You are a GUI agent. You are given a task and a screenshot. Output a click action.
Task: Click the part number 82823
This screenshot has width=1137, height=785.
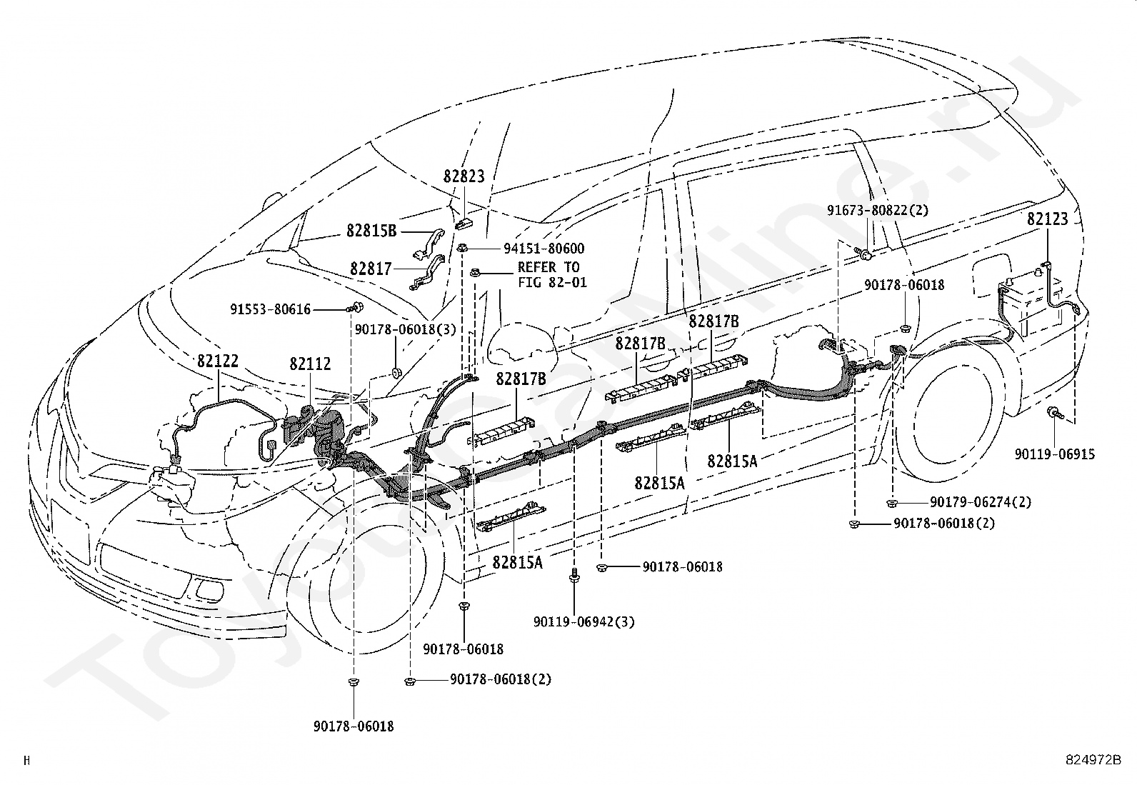point(464,176)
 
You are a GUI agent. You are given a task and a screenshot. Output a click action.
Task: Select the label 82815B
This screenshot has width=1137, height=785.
point(371,231)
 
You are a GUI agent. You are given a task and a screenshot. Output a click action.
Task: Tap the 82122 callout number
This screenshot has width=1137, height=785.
point(218,361)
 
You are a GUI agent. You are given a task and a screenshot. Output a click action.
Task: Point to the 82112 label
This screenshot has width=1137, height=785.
point(310,364)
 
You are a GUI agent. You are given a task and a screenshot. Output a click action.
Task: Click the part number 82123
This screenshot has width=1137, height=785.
point(1048,219)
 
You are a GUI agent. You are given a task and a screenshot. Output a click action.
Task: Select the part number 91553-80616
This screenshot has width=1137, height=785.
point(270,309)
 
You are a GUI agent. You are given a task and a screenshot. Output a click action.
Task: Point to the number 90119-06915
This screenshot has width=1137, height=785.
point(1055,454)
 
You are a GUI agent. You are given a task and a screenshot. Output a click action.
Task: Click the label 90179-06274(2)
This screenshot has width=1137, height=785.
point(981,502)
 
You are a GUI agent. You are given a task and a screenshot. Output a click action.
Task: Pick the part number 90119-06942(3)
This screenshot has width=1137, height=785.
point(583,622)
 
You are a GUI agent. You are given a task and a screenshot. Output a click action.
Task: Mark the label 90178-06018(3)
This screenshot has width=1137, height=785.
point(405,329)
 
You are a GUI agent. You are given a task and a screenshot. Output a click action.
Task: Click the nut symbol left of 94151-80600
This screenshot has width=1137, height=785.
point(463,248)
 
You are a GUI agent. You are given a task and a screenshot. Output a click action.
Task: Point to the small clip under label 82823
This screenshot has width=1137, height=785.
point(463,224)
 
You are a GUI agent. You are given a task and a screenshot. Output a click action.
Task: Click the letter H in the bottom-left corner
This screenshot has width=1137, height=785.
point(26,761)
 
